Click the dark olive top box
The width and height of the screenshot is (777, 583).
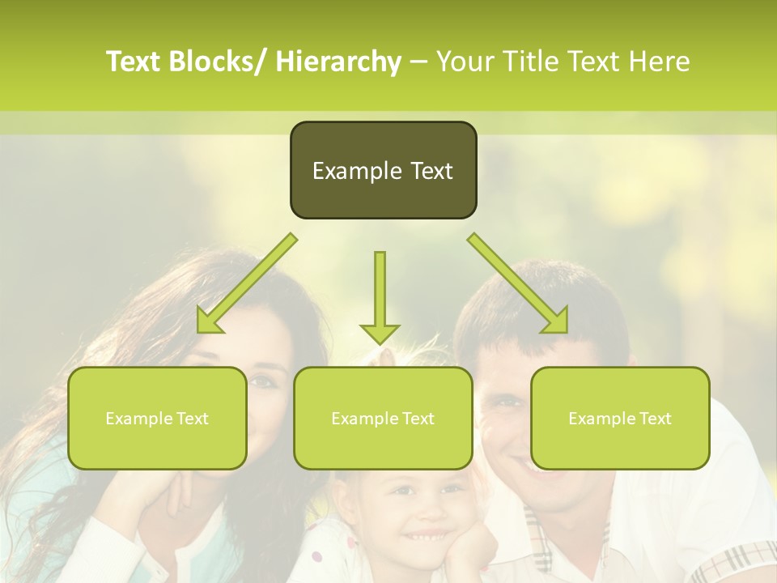click(x=383, y=170)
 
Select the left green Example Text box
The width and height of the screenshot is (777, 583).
click(x=157, y=418)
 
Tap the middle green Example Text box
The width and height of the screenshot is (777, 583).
click(x=383, y=418)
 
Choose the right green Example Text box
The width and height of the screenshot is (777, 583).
click(x=620, y=418)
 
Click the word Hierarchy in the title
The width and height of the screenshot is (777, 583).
click(x=338, y=62)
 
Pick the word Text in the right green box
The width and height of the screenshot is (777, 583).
click(x=654, y=418)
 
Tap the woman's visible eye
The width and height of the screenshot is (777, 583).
click(x=261, y=381)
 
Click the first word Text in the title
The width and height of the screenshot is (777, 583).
click(x=133, y=62)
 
